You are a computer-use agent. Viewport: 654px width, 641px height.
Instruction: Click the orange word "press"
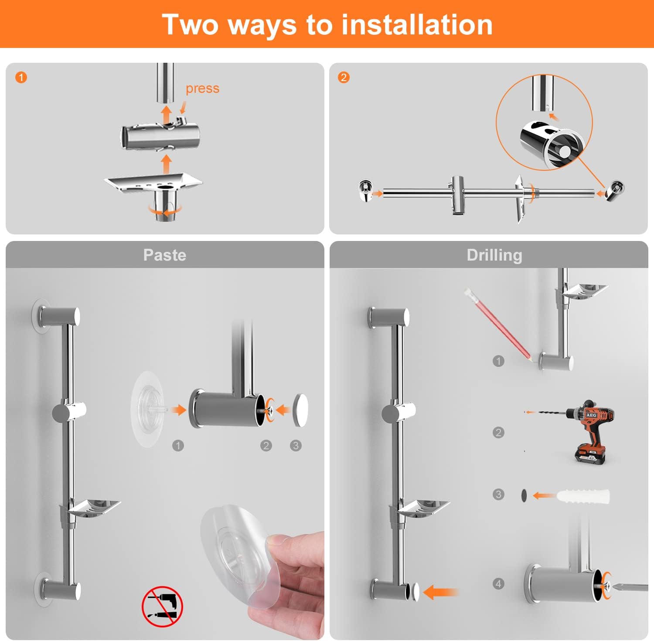(x=202, y=88)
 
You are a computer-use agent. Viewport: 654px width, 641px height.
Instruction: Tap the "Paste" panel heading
(x=165, y=255)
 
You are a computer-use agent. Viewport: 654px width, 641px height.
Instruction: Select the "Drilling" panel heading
(x=494, y=255)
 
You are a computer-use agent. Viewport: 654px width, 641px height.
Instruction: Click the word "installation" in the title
(x=417, y=24)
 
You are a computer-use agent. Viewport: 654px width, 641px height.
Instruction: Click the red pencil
(x=498, y=325)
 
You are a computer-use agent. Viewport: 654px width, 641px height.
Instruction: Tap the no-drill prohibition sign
(x=162, y=606)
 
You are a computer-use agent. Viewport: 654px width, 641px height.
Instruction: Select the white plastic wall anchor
(x=582, y=496)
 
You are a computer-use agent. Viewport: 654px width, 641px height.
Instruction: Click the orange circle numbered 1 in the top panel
(x=21, y=78)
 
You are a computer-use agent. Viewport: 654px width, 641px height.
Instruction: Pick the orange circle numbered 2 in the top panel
(x=344, y=78)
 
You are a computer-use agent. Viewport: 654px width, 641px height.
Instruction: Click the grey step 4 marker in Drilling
(x=498, y=583)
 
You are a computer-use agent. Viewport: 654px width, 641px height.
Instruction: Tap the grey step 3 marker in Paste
(x=296, y=445)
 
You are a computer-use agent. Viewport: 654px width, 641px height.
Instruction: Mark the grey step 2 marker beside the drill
(x=498, y=432)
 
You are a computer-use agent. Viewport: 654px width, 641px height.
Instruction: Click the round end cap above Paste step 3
(x=300, y=410)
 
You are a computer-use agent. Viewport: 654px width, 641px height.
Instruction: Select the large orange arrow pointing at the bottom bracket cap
(x=440, y=592)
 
